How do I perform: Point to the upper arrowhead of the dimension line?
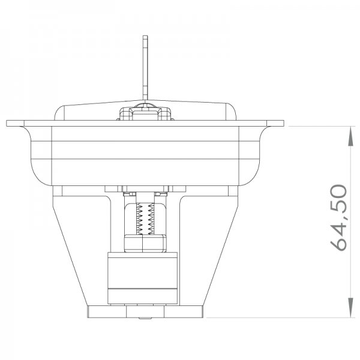pos(350,134)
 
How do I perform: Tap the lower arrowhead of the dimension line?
pos(350,311)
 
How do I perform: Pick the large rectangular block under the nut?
pos(143,276)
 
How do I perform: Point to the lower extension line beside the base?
pos(282,317)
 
